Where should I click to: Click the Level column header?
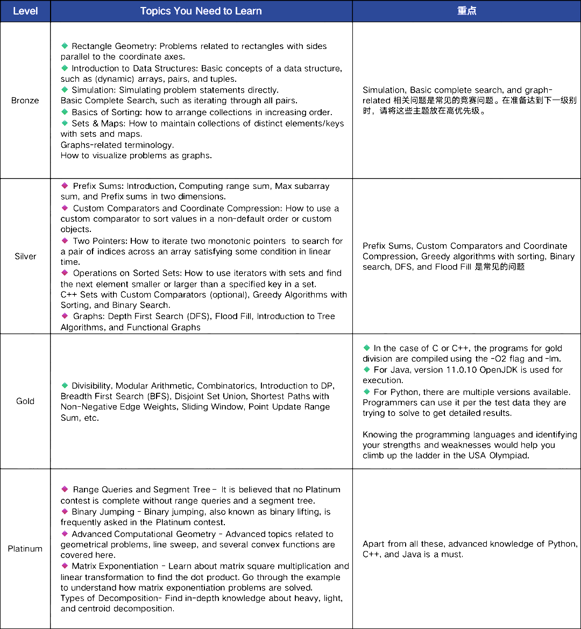point(25,11)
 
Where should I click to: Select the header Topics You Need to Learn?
point(201,11)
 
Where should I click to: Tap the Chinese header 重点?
point(466,11)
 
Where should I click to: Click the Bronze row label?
point(25,101)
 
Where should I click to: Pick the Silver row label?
point(25,256)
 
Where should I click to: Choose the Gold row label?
point(25,401)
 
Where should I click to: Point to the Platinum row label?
point(25,549)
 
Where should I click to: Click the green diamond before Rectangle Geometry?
point(65,46)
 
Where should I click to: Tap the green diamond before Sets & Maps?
point(65,123)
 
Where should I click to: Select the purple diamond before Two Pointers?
point(65,241)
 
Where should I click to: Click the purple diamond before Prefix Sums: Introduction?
point(65,186)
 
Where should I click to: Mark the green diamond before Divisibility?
point(65,386)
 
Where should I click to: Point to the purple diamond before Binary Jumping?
point(65,512)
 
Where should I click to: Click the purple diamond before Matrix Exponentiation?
point(65,566)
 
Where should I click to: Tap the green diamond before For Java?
point(367,370)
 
